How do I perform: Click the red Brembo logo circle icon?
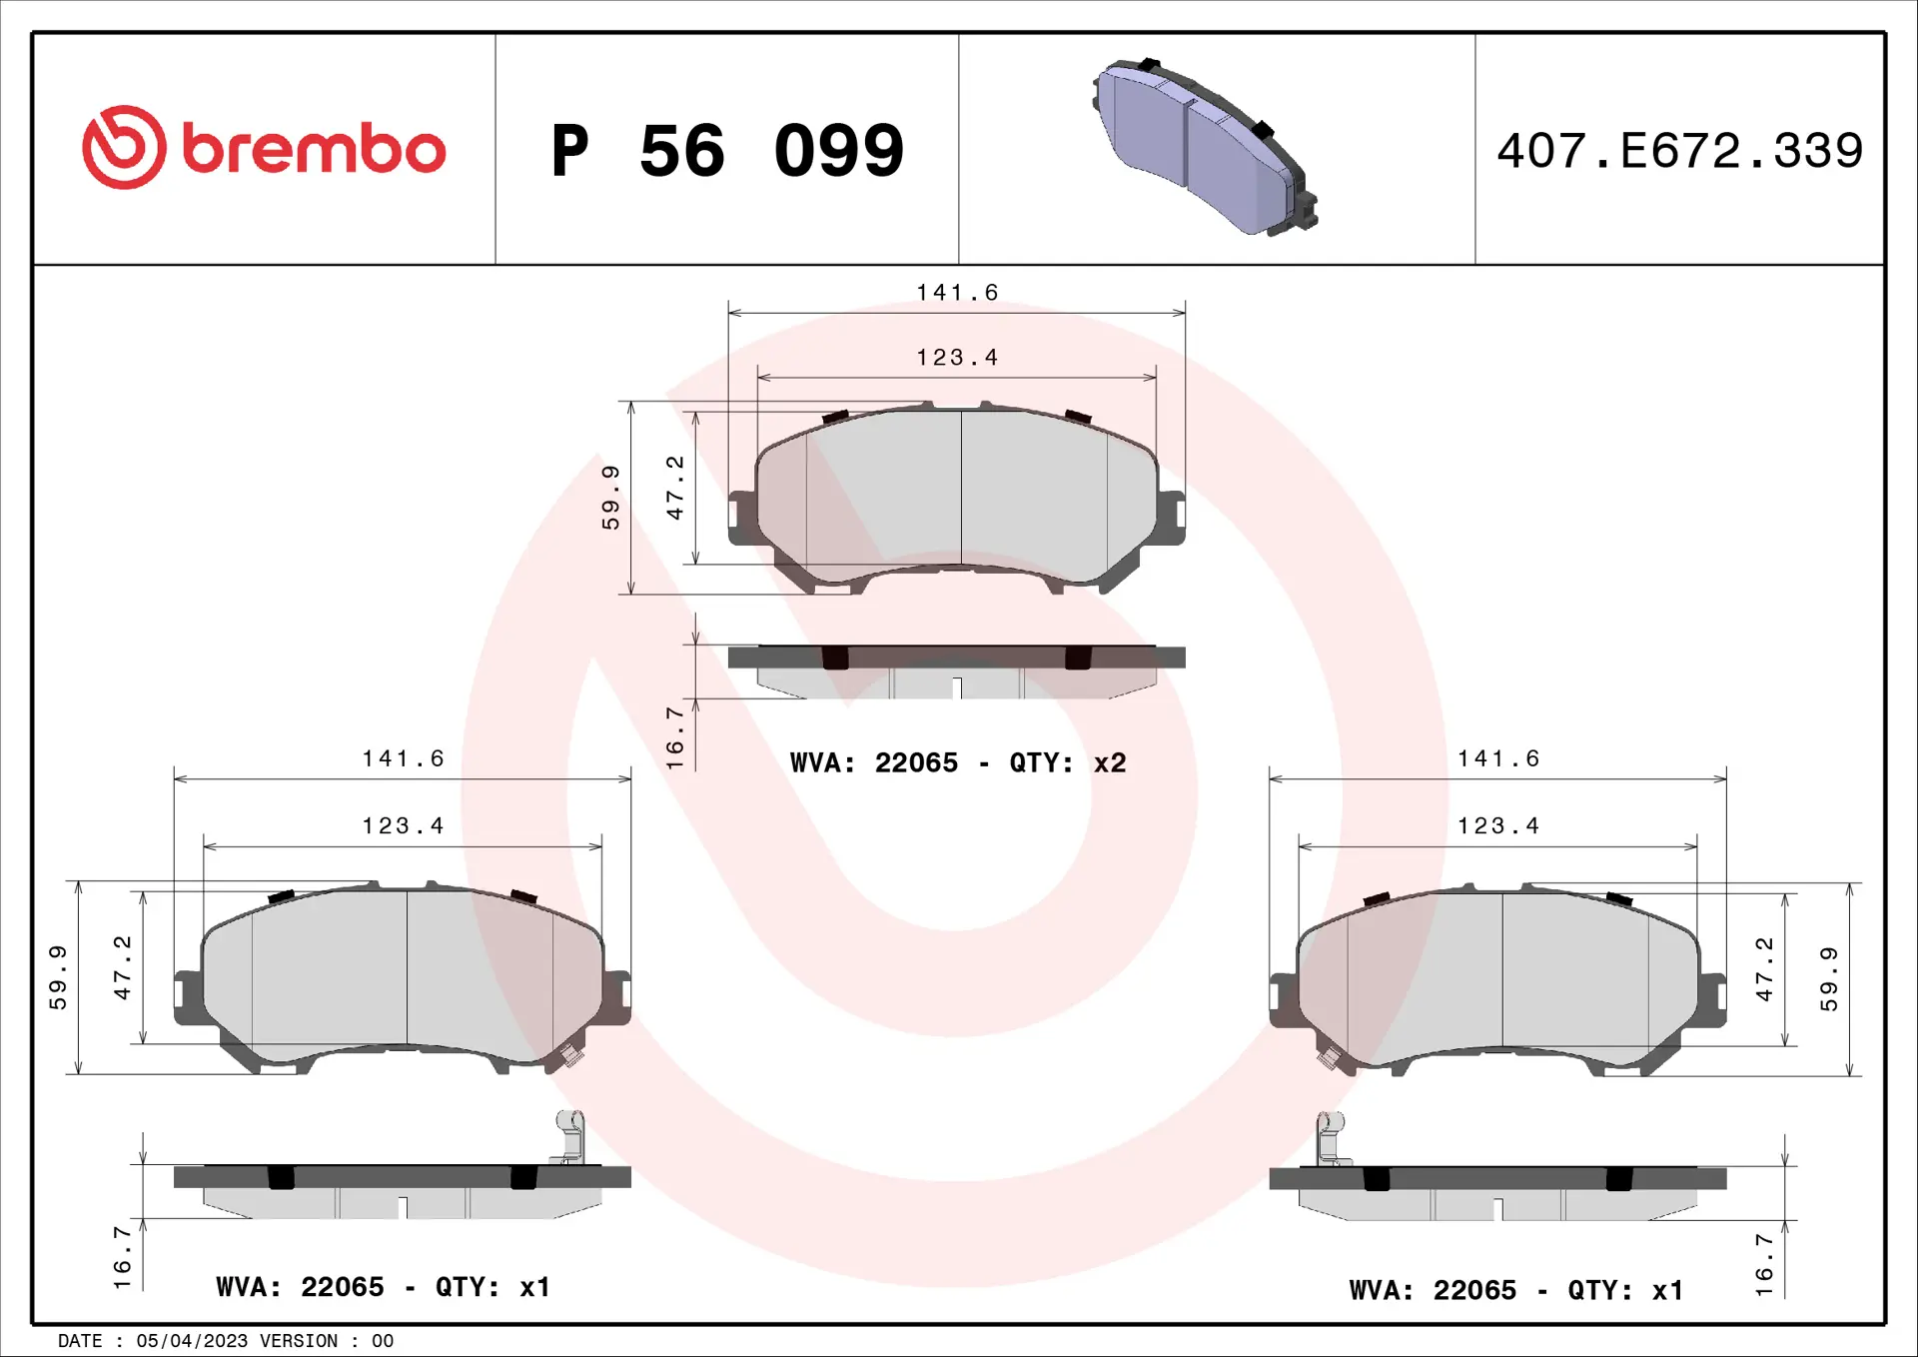pos(124,148)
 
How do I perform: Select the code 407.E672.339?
pos(1679,151)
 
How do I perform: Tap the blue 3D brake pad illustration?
pos(1204,147)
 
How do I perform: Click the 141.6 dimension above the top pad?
pos(957,293)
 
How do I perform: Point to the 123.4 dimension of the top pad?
pos(957,358)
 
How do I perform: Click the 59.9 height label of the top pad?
pos(610,497)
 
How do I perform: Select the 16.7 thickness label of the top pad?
pos(675,737)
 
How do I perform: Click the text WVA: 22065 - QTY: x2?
pos(957,763)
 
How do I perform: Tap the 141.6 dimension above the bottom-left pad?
pos(403,759)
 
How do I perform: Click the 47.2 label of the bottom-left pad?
pos(122,967)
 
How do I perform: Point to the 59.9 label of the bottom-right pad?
pos(1828,979)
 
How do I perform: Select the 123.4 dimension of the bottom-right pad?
pos(1497,826)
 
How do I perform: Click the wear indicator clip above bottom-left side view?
pos(569,1137)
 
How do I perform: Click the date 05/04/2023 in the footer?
pos(192,1341)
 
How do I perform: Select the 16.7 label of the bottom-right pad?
pos(1764,1265)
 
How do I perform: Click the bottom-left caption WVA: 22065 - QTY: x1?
pos(383,1287)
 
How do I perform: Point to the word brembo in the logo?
pos(314,150)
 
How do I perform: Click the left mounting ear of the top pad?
pos(741,517)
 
